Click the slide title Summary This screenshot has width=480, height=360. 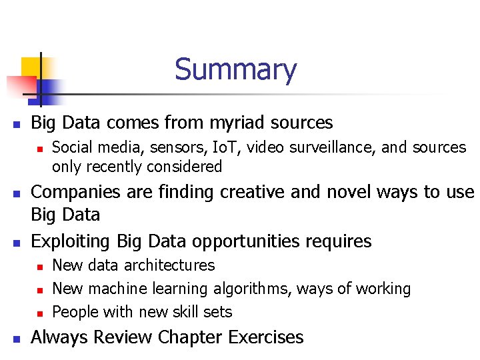click(235, 70)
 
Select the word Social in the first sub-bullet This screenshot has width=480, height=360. click(70, 147)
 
